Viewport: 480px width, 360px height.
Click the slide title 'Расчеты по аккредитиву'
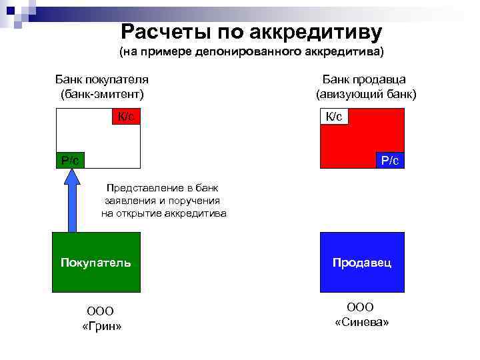(x=251, y=31)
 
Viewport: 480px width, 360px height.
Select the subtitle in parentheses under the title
(x=251, y=51)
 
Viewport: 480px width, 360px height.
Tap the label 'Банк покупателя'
(x=101, y=79)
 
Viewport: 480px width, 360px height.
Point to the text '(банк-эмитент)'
(x=101, y=94)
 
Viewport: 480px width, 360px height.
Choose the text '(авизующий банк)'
(x=365, y=94)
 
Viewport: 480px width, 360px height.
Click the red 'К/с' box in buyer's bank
(x=125, y=117)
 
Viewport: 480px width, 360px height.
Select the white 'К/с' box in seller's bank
(x=335, y=117)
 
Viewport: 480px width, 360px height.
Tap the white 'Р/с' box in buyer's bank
(x=70, y=160)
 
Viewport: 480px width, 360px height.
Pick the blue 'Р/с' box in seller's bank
(x=390, y=160)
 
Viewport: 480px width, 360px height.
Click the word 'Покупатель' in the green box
(x=96, y=263)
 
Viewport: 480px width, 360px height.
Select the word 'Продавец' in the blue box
(x=363, y=263)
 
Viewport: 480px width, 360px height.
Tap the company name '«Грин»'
(x=101, y=326)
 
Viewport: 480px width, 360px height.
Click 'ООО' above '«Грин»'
(x=101, y=311)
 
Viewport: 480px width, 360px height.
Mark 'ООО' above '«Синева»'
(x=361, y=307)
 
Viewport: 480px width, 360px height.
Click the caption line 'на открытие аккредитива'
(x=163, y=214)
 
